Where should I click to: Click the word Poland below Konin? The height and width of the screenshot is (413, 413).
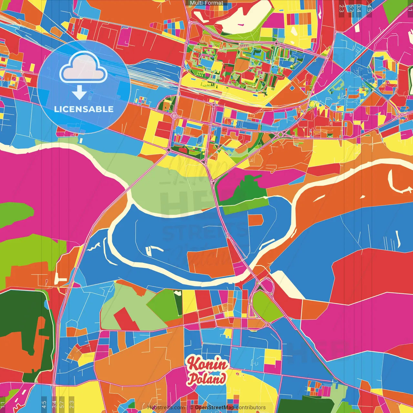pyautogui.click(x=207, y=378)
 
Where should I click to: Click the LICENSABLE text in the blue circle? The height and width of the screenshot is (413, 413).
pyautogui.click(x=84, y=109)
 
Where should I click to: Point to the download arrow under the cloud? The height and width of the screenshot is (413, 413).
pyautogui.click(x=79, y=93)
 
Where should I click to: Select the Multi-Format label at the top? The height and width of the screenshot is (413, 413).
pyautogui.click(x=206, y=3)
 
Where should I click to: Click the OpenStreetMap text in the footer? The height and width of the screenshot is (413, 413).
pyautogui.click(x=214, y=408)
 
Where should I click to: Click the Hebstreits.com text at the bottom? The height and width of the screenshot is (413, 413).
pyautogui.click(x=166, y=408)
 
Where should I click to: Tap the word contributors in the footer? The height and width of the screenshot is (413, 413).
pyautogui.click(x=250, y=408)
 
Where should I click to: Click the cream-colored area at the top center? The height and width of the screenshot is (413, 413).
pyautogui.click(x=245, y=19)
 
